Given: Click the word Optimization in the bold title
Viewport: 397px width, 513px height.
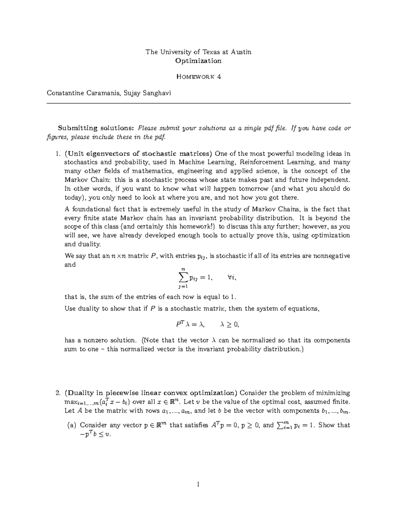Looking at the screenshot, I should (198, 61).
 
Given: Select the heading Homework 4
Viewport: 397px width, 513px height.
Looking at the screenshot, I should (198, 77).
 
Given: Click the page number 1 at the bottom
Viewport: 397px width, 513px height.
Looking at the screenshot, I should (198, 485).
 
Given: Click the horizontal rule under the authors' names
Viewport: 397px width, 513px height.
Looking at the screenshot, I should (198, 103).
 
